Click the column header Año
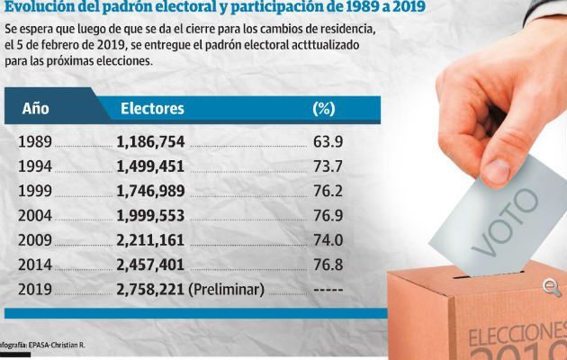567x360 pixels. [x=35, y=109]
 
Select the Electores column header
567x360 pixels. [x=152, y=109]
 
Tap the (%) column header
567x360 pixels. [x=323, y=109]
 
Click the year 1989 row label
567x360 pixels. [x=35, y=142]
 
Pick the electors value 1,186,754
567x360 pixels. [x=150, y=142]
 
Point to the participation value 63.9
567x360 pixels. [x=328, y=142]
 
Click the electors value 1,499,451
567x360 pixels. [x=150, y=166]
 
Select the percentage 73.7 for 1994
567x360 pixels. [x=328, y=166]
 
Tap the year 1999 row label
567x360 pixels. [x=35, y=192]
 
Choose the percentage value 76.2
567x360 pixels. [x=328, y=192]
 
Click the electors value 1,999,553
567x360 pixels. [x=150, y=216]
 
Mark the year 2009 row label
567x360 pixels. [x=35, y=240]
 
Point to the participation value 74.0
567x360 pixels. [x=328, y=240]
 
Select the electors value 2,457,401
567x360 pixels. [x=150, y=265]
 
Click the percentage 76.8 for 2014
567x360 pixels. [x=328, y=265]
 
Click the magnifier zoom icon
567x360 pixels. [x=552, y=287]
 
